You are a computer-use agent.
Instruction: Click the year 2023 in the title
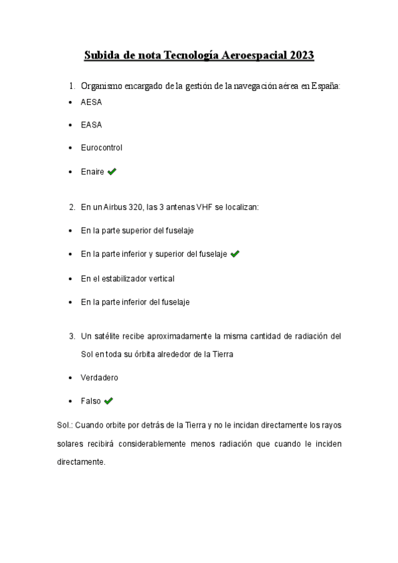[301, 56]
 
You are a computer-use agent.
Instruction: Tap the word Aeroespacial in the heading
[250, 56]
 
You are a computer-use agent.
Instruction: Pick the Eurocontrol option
[101, 147]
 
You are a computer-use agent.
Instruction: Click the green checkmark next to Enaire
[112, 171]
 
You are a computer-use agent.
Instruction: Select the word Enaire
[92, 171]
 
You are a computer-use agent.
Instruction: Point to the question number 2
[72, 207]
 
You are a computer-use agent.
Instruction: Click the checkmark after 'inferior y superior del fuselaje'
[235, 254]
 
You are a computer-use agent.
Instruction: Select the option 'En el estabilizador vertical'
[127, 278]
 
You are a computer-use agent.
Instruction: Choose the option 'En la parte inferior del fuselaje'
[135, 301]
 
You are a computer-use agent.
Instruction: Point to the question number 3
[72, 337]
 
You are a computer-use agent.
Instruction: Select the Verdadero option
[99, 377]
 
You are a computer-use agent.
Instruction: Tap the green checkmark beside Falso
[109, 400]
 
